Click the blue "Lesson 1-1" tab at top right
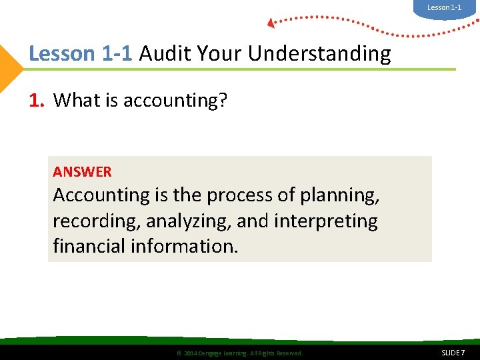444,7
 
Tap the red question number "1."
37,100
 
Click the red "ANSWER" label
82,172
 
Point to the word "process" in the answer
238,195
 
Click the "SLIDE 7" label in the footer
453,352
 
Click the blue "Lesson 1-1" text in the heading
81,53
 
